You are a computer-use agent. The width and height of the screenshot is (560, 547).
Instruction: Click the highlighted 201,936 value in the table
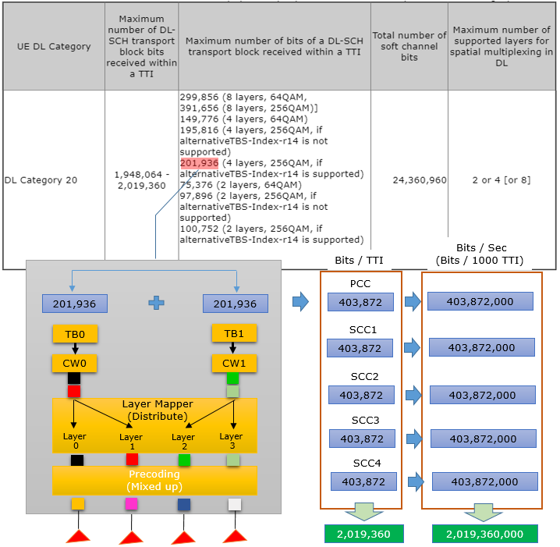point(200,163)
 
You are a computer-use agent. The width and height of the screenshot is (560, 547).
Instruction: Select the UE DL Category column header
point(54,47)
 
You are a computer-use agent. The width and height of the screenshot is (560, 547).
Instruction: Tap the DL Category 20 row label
point(41,180)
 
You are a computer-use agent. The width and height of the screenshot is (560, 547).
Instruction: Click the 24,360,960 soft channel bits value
point(420,180)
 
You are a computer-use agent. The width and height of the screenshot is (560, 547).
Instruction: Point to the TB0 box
point(75,334)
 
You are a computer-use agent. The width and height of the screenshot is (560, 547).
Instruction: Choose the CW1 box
point(234,364)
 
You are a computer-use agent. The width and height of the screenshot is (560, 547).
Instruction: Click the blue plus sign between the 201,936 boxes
point(157,303)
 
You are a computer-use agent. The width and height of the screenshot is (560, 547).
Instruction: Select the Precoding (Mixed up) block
point(154,480)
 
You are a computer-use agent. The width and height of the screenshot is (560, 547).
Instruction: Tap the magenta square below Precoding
point(131,504)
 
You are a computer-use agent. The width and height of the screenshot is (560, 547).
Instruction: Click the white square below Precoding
point(235,505)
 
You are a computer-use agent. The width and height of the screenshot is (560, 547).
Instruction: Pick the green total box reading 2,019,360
point(364,534)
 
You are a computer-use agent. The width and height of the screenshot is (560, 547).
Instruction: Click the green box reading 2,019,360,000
point(484,534)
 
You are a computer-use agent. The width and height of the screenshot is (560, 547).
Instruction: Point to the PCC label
point(360,284)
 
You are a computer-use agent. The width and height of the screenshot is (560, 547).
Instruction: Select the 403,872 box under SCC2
point(361,395)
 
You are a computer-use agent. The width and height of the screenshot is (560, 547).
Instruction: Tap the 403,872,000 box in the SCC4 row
point(484,481)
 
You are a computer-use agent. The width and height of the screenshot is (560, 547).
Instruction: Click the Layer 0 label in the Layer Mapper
point(75,441)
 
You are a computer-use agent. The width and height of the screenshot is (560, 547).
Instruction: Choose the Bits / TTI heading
point(359,260)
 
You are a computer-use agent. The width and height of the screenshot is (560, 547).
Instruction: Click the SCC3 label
point(365,420)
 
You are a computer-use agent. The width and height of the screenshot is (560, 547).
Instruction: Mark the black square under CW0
point(74,378)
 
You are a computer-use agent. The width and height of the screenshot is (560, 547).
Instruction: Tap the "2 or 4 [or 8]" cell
point(502,180)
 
